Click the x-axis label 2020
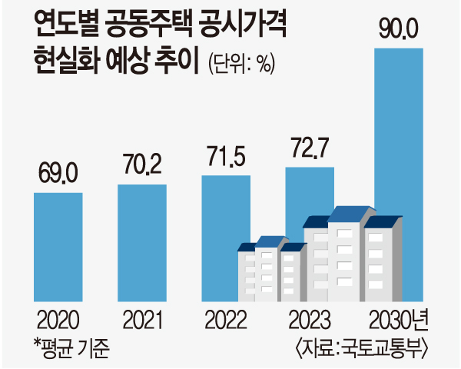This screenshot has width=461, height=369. click(x=58, y=318)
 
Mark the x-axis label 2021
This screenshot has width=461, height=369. click(x=141, y=318)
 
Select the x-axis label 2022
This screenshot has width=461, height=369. click(x=225, y=318)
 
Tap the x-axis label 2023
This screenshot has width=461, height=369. click(x=309, y=318)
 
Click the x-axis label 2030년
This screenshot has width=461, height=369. click(x=398, y=318)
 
